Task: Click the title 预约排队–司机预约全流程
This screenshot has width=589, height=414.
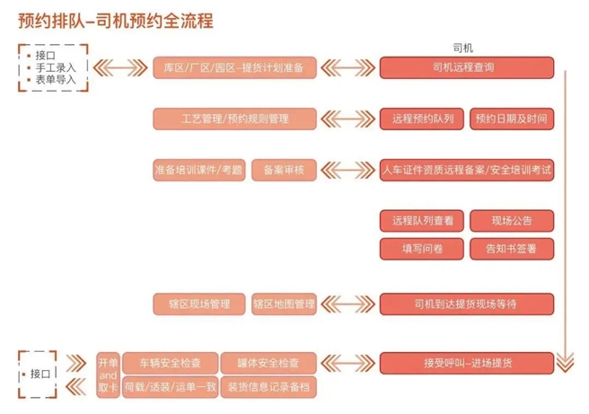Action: pos(116,19)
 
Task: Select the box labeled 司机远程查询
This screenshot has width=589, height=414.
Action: pos(467,67)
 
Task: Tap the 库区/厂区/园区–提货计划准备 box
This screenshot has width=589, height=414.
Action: pos(234,67)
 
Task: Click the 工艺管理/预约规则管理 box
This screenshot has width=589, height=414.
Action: pos(234,119)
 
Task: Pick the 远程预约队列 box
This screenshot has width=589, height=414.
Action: pos(422,119)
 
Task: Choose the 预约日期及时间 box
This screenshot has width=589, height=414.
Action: pos(512,119)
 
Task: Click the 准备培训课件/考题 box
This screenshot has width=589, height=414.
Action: pos(198,170)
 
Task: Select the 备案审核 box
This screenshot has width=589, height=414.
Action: pos(284,170)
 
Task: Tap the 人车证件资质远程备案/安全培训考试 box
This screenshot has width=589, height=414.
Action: pos(467,170)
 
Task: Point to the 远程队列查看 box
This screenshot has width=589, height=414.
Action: pos(422,221)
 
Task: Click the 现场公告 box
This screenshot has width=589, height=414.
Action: pos(512,221)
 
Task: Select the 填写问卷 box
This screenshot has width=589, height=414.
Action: pos(422,249)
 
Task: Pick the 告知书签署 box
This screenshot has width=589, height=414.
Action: pos(512,249)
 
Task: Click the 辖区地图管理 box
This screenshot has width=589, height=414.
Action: pos(284,304)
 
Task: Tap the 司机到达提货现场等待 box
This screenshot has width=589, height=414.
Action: pos(467,304)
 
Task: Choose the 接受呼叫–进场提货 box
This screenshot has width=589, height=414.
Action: pos(467,363)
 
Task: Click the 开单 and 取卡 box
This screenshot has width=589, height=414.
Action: pos(108,374)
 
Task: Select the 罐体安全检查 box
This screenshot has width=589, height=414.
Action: pos(268,363)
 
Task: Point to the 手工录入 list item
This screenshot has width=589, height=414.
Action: pos(55,67)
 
